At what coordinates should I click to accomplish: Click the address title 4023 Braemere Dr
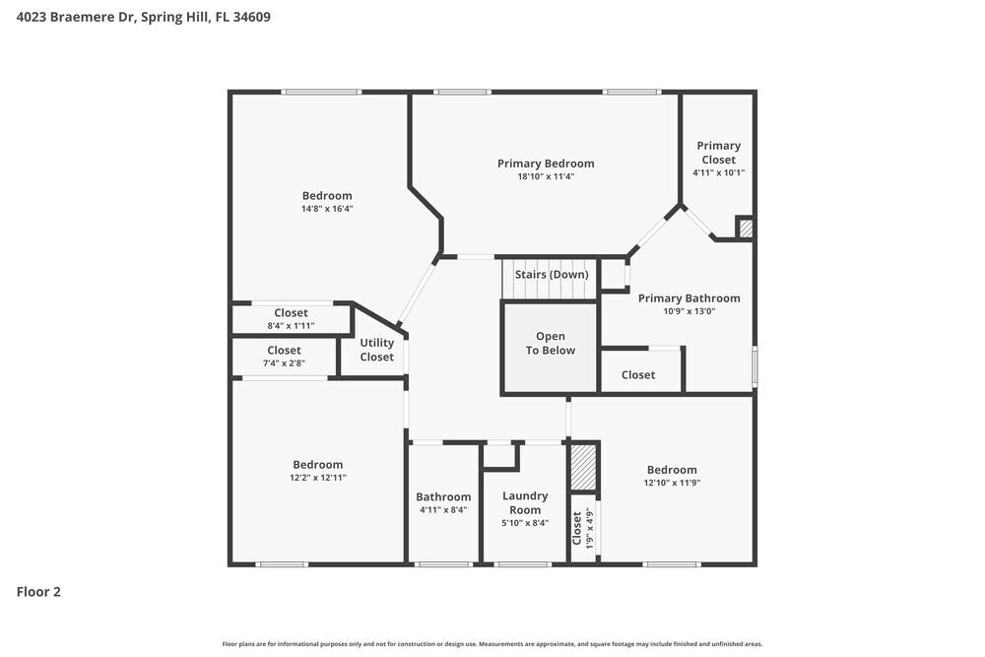(x=144, y=17)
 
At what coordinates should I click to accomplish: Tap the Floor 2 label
(x=39, y=592)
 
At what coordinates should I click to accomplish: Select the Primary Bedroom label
(x=546, y=164)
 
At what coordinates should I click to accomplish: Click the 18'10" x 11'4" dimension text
(x=546, y=177)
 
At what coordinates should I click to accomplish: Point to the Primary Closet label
(x=718, y=153)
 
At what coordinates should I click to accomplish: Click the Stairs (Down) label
(x=552, y=274)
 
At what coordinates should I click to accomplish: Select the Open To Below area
(x=551, y=344)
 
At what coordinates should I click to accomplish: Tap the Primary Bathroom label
(x=689, y=298)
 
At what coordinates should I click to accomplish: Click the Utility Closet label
(x=376, y=350)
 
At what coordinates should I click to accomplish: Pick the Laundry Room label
(x=525, y=502)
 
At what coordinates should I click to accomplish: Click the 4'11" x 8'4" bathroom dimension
(x=443, y=510)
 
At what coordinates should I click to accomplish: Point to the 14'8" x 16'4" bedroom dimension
(x=327, y=209)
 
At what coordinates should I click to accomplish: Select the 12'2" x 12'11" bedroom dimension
(x=317, y=478)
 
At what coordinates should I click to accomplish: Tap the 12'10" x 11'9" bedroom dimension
(x=671, y=483)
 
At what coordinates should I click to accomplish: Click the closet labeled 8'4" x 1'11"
(x=291, y=318)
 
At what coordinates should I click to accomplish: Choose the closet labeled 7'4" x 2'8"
(x=284, y=356)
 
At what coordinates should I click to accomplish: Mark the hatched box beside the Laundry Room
(x=584, y=468)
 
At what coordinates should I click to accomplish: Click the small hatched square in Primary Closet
(x=746, y=229)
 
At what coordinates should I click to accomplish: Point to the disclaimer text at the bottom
(x=492, y=643)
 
